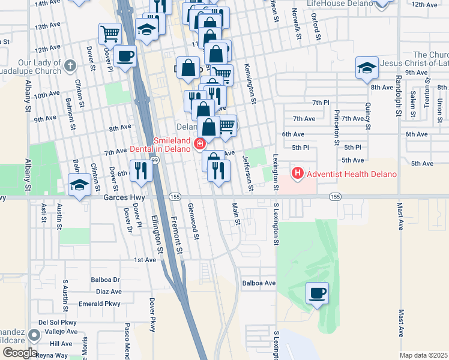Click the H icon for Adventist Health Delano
297,174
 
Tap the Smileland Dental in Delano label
160,145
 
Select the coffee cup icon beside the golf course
318,293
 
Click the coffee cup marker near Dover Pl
124,56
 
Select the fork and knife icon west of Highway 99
139,170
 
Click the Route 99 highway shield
155,160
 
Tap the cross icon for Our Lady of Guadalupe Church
70,65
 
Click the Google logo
20,353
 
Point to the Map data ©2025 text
424,355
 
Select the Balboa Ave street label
259,283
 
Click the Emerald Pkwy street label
103,304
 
